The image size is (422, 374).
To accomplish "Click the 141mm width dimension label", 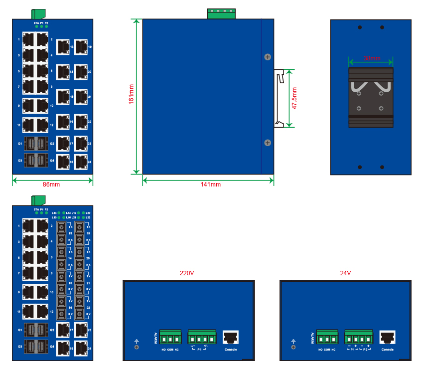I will click(x=210, y=185).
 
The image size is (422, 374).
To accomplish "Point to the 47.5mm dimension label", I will click(x=294, y=98).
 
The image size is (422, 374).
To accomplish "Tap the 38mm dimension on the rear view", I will click(x=372, y=58).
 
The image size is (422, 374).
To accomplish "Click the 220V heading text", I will click(x=186, y=273).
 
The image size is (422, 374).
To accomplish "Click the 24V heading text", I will click(x=345, y=273).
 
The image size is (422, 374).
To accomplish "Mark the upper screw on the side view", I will click(x=268, y=57).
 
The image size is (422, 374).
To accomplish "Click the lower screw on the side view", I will click(x=268, y=143).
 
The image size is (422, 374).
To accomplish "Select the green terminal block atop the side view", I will click(x=221, y=14).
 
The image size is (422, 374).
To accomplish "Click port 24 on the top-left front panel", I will click(x=81, y=162).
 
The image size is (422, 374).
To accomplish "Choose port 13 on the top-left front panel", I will click(x=63, y=47).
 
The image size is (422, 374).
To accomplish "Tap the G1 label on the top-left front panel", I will click(x=20, y=144).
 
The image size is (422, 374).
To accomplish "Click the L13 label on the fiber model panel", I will click(x=54, y=213).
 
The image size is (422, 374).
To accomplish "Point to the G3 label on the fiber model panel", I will click(x=20, y=346).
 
